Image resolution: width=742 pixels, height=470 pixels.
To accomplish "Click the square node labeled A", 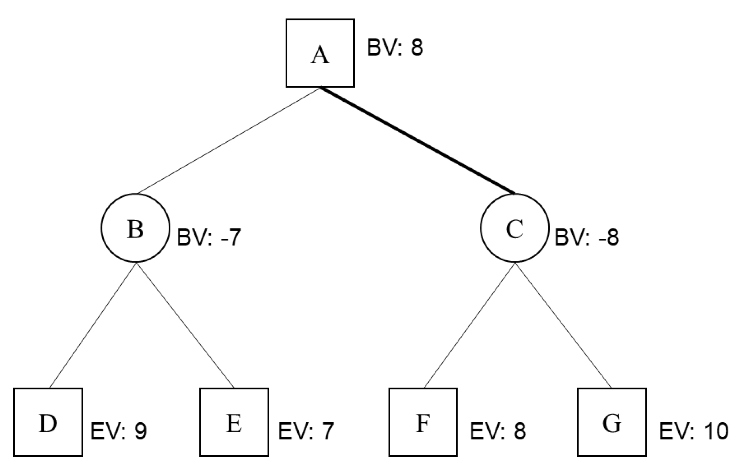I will click(320, 53).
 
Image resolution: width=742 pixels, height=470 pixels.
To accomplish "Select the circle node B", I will click(135, 228).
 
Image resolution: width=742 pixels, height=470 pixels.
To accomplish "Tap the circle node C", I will click(515, 228).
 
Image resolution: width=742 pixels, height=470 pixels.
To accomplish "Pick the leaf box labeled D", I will click(48, 422).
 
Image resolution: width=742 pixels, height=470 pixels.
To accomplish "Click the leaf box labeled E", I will click(234, 422).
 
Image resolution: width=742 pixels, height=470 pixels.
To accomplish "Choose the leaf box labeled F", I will click(423, 422).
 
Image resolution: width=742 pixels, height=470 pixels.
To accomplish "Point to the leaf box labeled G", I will click(612, 422).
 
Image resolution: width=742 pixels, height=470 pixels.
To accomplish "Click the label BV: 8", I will click(395, 48).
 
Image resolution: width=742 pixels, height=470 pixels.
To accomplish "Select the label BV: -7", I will click(209, 237).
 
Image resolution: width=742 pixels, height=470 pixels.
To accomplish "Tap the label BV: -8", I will click(586, 237).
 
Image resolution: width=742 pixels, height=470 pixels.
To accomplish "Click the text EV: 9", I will click(118, 431).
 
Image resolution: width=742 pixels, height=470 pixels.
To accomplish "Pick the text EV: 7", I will click(306, 431).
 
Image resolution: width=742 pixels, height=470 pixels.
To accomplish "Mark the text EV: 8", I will click(498, 431).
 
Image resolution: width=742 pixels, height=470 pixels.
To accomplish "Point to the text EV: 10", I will click(693, 431).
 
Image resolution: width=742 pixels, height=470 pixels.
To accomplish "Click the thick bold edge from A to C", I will click(418, 141).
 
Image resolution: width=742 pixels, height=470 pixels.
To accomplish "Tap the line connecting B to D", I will click(93, 325).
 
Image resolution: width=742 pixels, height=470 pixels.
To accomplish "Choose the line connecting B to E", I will click(185, 325).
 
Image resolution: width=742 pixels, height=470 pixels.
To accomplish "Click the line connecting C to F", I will click(469, 325).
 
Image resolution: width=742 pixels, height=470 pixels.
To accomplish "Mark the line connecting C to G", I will click(563, 325).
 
